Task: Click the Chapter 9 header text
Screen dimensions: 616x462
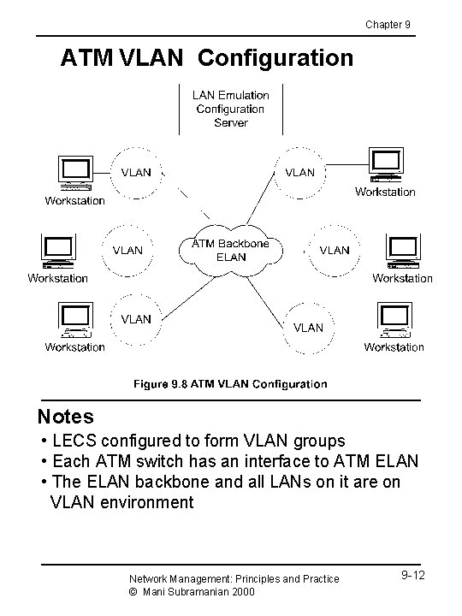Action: [388, 24]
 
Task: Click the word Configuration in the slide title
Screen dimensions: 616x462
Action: [276, 58]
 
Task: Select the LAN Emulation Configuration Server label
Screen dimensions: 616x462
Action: [231, 109]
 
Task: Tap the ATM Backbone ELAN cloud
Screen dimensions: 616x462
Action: [230, 250]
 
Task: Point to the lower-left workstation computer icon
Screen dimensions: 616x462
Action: [73, 320]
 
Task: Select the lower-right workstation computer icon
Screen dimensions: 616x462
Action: [394, 320]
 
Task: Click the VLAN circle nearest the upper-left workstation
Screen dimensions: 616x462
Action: [135, 172]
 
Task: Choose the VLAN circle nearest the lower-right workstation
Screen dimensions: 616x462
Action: [309, 327]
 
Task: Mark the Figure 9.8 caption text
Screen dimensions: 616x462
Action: [230, 384]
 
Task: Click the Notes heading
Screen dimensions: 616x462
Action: [66, 417]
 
